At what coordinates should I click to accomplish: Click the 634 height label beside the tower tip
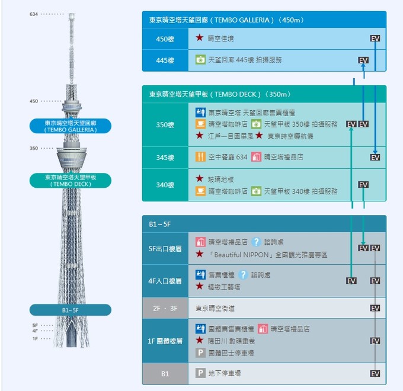(x=34, y=14)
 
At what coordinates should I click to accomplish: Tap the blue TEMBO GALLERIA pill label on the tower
(x=71, y=126)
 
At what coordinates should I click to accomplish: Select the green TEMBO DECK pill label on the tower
(x=71, y=180)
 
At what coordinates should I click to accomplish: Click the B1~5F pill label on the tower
(x=71, y=310)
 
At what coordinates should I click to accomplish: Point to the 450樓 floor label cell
(x=165, y=39)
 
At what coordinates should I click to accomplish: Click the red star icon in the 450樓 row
(x=200, y=38)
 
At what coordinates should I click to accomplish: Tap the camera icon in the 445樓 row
(x=200, y=60)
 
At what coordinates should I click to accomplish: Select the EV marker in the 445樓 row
(x=363, y=60)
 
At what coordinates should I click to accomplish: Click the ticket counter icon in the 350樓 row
(x=200, y=113)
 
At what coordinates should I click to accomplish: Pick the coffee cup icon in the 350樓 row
(x=200, y=124)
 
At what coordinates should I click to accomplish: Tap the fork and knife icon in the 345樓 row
(x=200, y=157)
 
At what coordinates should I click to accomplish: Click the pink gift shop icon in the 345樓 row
(x=256, y=157)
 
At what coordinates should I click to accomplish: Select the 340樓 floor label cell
(x=165, y=185)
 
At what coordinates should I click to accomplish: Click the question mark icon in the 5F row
(x=256, y=242)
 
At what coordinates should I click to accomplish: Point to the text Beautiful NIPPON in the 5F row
(x=242, y=255)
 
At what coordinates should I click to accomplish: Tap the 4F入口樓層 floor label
(x=165, y=281)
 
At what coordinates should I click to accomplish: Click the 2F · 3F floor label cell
(x=165, y=308)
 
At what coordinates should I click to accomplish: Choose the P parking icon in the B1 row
(x=200, y=373)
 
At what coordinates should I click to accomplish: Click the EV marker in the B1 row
(x=375, y=374)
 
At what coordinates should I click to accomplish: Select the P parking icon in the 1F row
(x=200, y=352)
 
